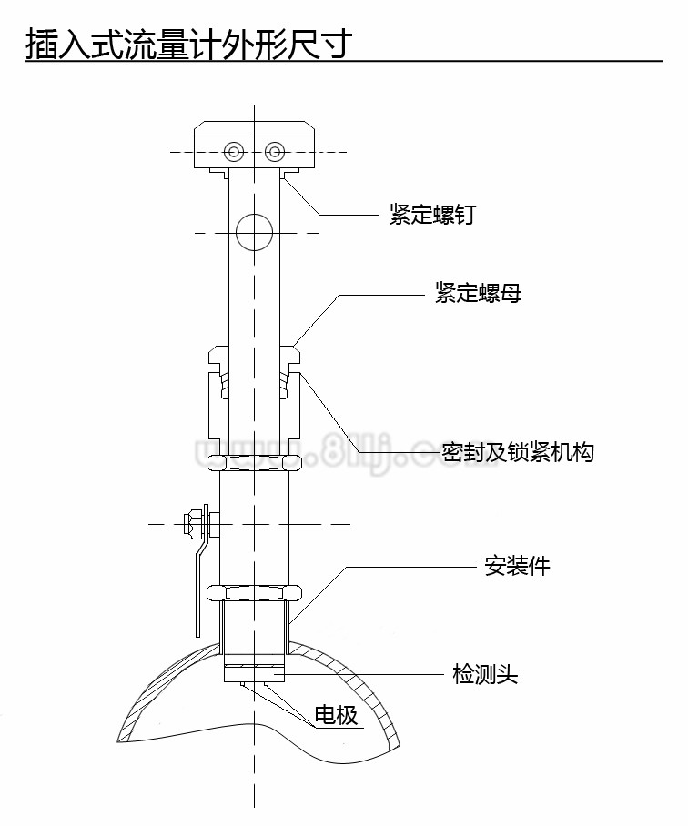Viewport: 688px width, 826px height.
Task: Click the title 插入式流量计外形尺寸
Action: [187, 43]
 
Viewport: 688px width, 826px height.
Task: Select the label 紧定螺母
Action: [477, 293]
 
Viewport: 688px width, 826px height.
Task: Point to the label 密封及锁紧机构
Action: [517, 451]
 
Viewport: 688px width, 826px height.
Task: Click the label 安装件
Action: [516, 566]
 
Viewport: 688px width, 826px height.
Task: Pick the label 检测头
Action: [485, 674]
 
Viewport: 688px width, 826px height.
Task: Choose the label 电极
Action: [336, 715]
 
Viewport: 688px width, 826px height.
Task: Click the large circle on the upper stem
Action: [254, 233]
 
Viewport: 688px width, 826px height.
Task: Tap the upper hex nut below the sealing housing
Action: [254, 461]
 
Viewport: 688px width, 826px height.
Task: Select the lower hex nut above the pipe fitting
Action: [254, 592]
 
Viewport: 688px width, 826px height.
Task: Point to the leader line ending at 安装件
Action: [410, 567]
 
